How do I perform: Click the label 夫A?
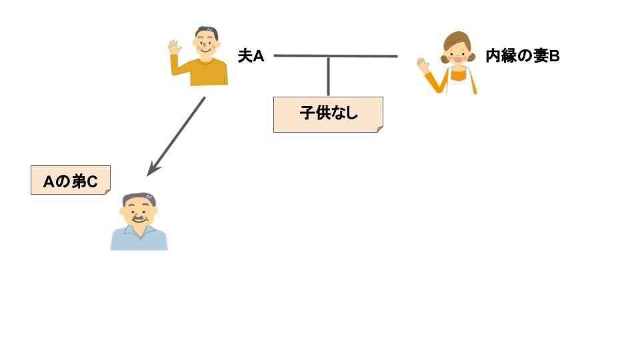point(251,56)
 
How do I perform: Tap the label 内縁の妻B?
point(522,56)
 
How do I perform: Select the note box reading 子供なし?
point(328,114)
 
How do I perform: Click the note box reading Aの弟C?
point(70,180)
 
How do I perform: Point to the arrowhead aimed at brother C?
point(151,171)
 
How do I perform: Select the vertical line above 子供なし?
point(328,77)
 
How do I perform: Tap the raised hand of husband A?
point(175,47)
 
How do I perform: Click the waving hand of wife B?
point(423,65)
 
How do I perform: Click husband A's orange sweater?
point(204,72)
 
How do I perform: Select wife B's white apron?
point(460,81)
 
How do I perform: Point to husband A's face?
point(207,45)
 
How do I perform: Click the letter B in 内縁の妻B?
point(554,56)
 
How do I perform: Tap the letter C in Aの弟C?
point(94,180)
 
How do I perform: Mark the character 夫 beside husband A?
point(245,56)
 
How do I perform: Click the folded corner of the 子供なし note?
point(379,128)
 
